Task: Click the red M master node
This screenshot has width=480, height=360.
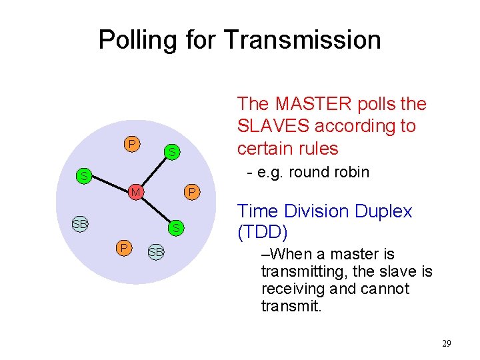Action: (x=135, y=193)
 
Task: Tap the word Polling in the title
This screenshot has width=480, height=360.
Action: (x=137, y=40)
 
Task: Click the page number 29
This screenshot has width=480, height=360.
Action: (x=446, y=343)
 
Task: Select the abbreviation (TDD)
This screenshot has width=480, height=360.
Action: (x=263, y=233)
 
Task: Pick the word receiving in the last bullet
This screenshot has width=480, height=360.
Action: (x=291, y=289)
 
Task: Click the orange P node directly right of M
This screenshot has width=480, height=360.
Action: (x=191, y=193)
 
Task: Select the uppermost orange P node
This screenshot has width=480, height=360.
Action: (x=131, y=144)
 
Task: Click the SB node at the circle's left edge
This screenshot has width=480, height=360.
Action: (x=80, y=224)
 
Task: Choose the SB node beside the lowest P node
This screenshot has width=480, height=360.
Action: (x=156, y=252)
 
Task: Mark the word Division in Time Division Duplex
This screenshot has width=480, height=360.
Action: (x=314, y=211)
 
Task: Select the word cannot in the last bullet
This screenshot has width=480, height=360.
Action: (x=386, y=289)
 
